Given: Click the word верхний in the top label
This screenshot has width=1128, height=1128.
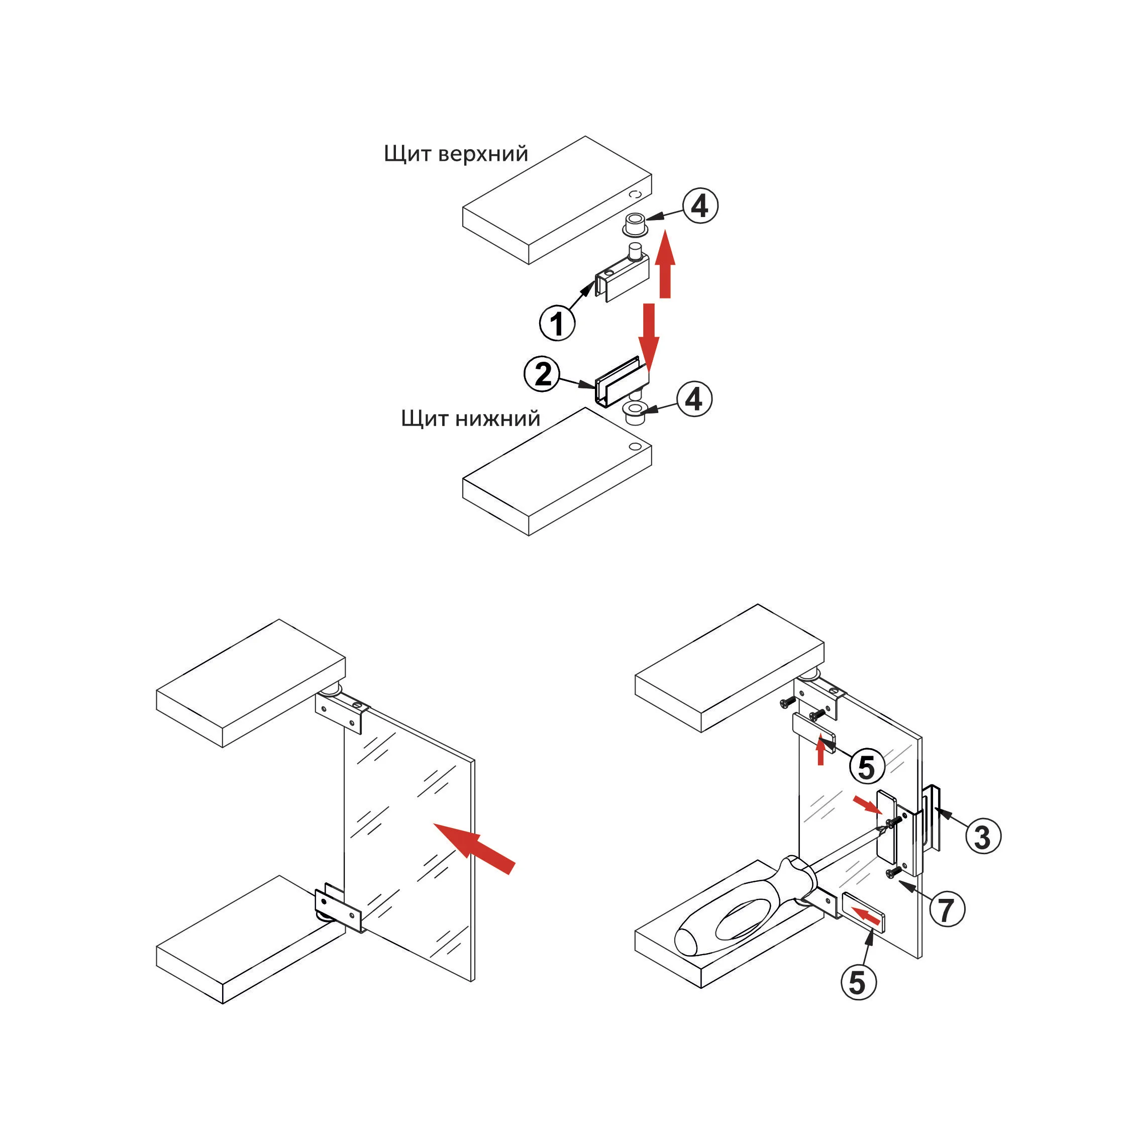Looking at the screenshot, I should (483, 154).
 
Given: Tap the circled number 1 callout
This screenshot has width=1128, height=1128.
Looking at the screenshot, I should (557, 323).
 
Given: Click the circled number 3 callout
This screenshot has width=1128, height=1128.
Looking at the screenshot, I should (983, 837).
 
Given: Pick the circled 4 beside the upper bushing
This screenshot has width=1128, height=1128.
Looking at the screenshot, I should (700, 206).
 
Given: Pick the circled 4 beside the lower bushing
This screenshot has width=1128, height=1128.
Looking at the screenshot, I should (694, 399).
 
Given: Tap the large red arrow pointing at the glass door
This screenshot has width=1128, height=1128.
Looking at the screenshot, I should (475, 848).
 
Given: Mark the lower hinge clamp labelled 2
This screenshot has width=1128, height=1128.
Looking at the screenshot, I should (620, 384).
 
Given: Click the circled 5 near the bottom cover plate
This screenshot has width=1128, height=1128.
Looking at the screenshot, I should (858, 983).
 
